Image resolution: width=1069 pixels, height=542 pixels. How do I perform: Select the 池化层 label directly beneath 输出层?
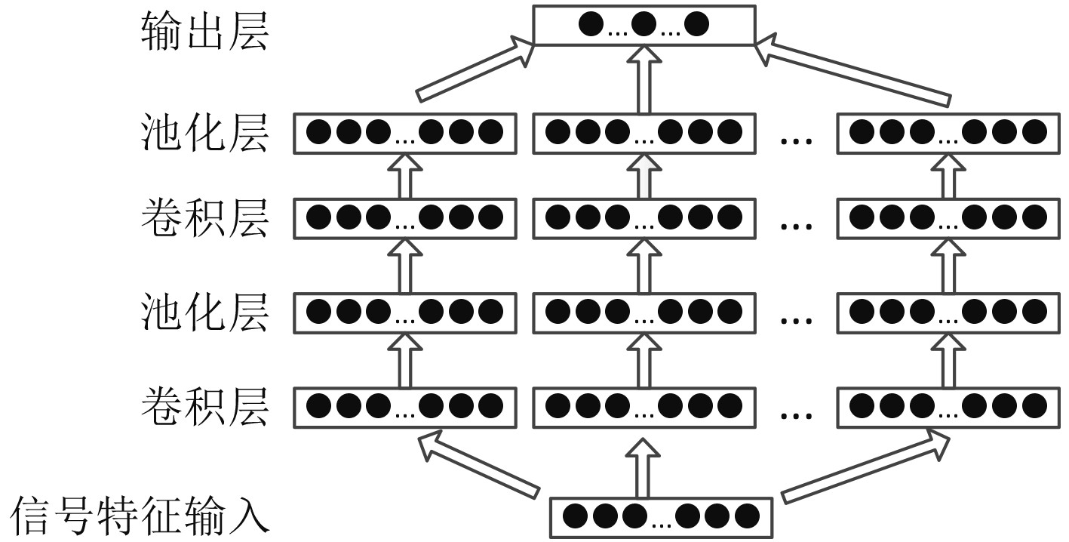[x=204, y=133]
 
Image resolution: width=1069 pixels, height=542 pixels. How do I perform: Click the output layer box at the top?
[x=644, y=25]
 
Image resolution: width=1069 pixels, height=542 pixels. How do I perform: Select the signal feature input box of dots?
[x=661, y=517]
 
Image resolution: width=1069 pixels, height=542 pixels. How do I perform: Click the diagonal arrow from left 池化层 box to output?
[x=475, y=71]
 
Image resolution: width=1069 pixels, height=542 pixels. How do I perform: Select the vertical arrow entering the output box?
[x=643, y=79]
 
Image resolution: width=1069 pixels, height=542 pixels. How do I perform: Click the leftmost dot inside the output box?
[x=591, y=25]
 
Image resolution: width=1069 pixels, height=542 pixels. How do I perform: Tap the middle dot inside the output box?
[x=644, y=25]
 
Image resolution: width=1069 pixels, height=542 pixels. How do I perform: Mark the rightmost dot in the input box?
[x=746, y=517]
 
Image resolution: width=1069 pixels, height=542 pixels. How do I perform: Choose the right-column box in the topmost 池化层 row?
[x=948, y=133]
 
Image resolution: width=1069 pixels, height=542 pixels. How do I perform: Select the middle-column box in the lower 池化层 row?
[x=643, y=310]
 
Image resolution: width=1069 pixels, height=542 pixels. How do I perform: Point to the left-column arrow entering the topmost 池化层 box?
[x=404, y=175]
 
